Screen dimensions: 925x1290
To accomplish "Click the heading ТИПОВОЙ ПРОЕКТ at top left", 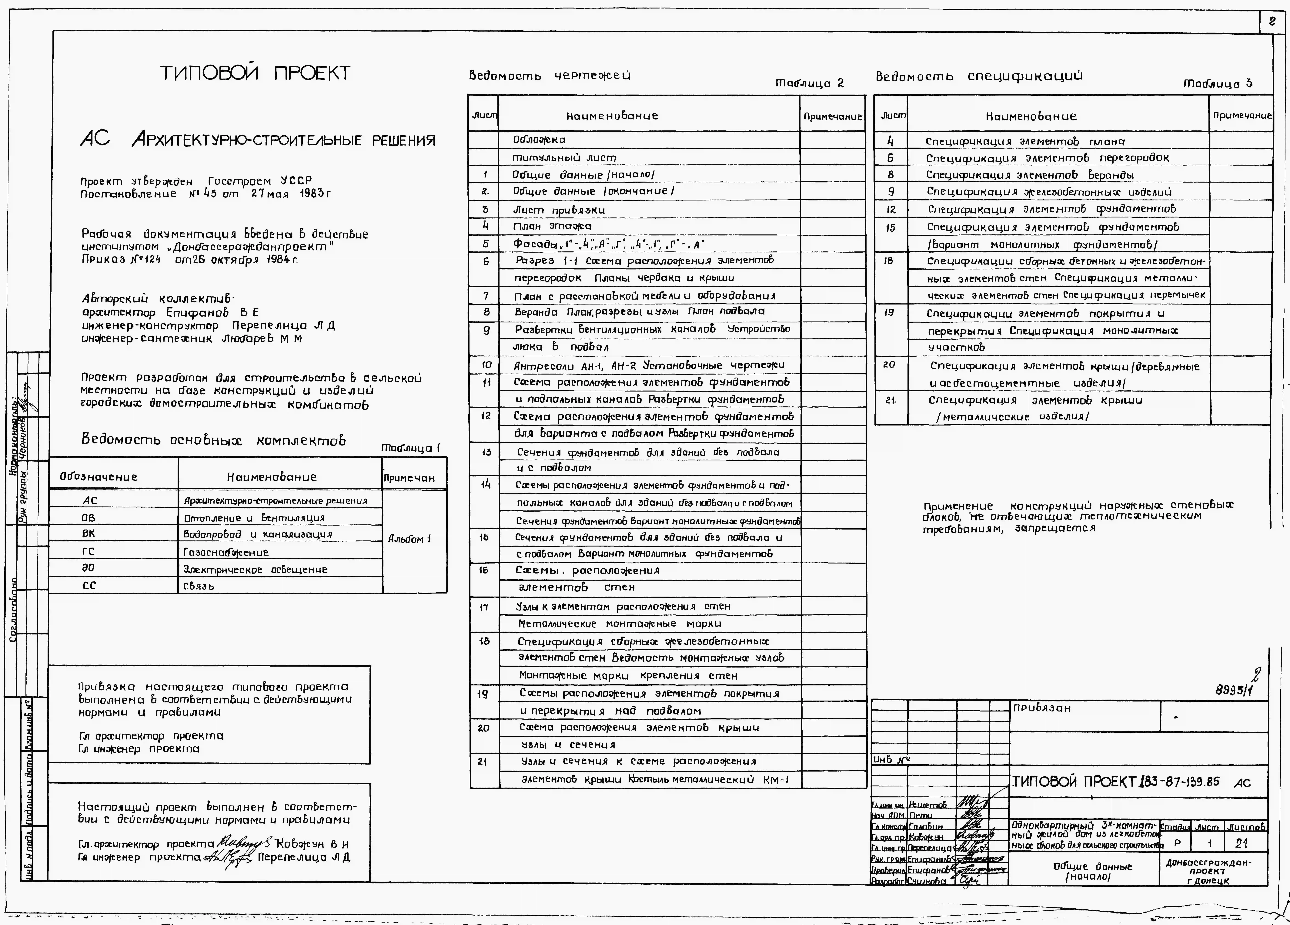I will tap(255, 73).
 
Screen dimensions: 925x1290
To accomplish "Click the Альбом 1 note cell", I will tap(409, 539).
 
